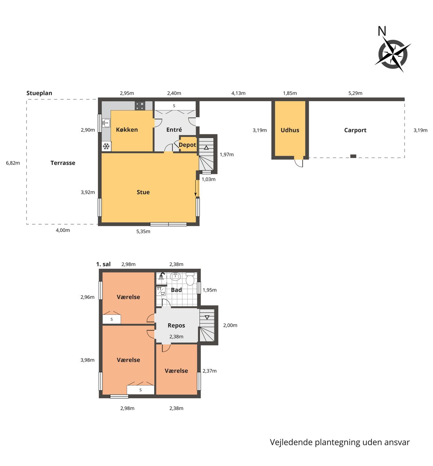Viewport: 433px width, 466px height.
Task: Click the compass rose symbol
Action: [393, 54]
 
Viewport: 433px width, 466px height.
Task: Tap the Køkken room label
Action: [127, 130]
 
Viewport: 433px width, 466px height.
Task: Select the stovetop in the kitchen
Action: [140, 106]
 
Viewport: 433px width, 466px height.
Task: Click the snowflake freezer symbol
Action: [106, 146]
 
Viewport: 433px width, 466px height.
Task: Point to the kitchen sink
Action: [106, 123]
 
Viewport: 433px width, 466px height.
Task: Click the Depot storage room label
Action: [188, 145]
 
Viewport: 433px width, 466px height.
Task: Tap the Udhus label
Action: [290, 130]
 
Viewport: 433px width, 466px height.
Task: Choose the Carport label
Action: [355, 130]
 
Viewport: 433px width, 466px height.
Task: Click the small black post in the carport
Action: [353, 156]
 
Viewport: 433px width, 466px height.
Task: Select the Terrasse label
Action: [63, 163]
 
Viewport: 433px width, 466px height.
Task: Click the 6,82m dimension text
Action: [13, 163]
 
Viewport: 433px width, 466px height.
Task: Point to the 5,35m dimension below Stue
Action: [143, 231]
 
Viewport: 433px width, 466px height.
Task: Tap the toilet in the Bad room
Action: [190, 279]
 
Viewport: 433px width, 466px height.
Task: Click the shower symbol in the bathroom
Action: [161, 276]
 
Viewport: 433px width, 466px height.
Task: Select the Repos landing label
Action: [176, 325]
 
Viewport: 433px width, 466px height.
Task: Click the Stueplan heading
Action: [39, 93]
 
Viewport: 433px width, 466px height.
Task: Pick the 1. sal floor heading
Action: [103, 264]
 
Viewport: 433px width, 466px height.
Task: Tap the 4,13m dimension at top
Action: [238, 93]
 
